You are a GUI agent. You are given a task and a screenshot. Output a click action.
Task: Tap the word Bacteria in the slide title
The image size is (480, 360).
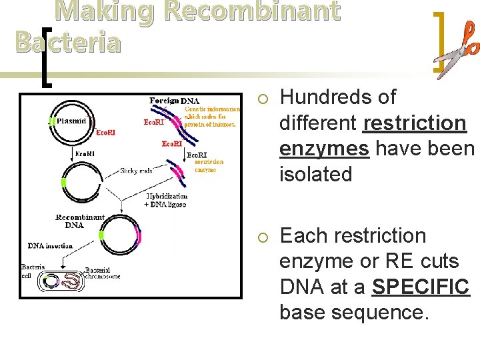pyautogui.click(x=67, y=42)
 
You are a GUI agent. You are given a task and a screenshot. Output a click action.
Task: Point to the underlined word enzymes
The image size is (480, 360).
pyautogui.click(x=324, y=149)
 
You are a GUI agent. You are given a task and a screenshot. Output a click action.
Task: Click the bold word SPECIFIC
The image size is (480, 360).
pyautogui.click(x=421, y=287)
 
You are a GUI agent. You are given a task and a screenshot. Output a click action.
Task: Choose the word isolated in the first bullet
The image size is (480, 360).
pyautogui.click(x=315, y=175)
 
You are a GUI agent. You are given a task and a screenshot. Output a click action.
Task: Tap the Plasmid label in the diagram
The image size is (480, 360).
pyautogui.click(x=71, y=122)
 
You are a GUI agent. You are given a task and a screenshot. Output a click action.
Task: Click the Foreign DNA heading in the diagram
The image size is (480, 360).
pyautogui.click(x=174, y=101)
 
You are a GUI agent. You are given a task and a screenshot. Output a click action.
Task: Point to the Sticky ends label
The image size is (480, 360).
pyautogui.click(x=137, y=171)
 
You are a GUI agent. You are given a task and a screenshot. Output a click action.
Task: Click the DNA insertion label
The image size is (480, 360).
pyautogui.click(x=50, y=247)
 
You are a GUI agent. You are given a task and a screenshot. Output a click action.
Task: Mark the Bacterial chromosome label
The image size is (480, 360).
pyautogui.click(x=103, y=273)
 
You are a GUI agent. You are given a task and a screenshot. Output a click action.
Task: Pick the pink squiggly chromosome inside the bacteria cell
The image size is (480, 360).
pyautogui.click(x=69, y=283)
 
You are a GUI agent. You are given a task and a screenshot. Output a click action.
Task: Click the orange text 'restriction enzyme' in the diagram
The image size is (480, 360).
pyautogui.click(x=209, y=165)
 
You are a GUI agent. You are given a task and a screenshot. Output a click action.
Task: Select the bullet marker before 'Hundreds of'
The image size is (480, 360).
pyautogui.click(x=263, y=99)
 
